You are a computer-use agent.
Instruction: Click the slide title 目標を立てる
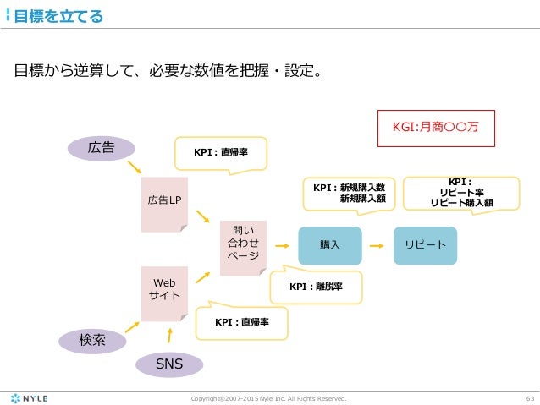[x=58, y=15]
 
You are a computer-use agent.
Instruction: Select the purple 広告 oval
[x=102, y=147]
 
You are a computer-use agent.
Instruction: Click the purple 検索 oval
[x=91, y=340]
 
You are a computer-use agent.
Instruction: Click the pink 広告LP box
[x=163, y=200]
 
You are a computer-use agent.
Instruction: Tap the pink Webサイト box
[x=163, y=292]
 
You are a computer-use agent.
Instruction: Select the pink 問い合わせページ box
[x=243, y=247]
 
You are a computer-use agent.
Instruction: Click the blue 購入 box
[x=329, y=244]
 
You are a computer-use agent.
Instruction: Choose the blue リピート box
[x=425, y=244]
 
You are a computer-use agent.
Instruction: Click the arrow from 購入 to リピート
[x=377, y=244]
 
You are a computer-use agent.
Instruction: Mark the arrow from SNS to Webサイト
[x=169, y=335]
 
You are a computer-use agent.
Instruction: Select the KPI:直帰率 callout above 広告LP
[x=220, y=152]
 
